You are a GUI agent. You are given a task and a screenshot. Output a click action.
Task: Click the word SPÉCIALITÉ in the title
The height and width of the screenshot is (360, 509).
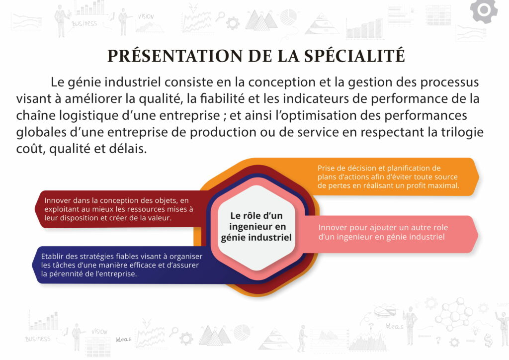click(354, 55)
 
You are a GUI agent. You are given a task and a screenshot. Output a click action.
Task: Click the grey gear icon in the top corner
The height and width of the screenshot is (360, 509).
click(484, 11)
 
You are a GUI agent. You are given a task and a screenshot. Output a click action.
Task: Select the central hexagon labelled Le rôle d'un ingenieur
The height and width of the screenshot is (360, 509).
click(256, 227)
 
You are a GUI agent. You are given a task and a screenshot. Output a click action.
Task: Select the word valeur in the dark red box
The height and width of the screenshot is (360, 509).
click(161, 218)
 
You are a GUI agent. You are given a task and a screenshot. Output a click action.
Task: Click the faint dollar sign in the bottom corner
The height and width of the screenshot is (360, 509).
click(488, 340)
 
